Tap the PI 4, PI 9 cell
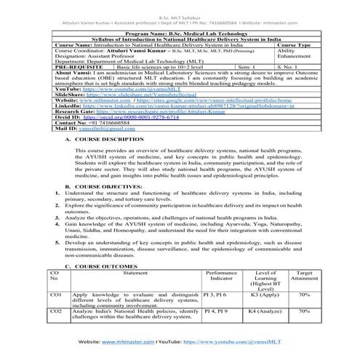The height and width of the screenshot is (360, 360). [217, 311]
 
